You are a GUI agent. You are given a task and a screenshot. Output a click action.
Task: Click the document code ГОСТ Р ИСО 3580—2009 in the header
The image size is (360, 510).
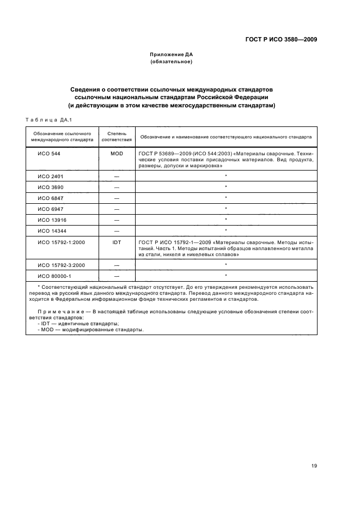coord(282,39)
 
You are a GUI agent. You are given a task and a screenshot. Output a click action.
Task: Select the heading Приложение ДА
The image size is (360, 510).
coord(172,55)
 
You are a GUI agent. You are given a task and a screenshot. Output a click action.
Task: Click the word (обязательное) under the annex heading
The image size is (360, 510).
coord(172,62)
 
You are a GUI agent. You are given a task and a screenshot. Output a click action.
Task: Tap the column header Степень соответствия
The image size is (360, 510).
coord(117,136)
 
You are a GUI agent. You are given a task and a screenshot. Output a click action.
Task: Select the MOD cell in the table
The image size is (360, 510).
coord(117,154)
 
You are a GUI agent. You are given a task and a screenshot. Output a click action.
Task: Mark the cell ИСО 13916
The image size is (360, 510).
coord(50,220)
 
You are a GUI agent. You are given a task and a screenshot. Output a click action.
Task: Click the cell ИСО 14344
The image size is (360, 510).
coord(50,230)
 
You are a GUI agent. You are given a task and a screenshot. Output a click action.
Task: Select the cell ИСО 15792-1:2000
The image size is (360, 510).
coord(57,241)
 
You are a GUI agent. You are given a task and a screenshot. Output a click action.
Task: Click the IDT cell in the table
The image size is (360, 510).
coord(117,241)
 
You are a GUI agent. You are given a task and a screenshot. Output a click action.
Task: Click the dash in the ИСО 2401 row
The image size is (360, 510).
coord(117,177)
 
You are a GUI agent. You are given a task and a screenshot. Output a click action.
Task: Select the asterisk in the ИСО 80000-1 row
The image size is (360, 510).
coord(225,275)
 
